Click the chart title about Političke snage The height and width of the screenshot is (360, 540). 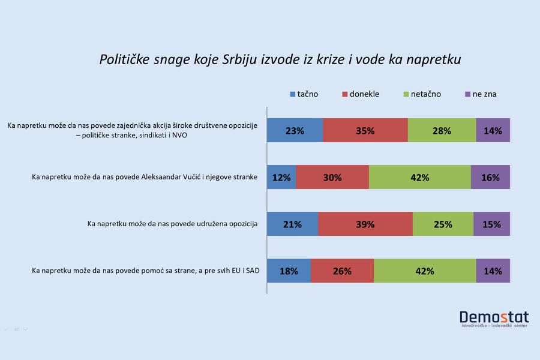[x=280, y=60]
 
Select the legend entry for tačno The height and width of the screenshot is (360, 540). [x=304, y=94]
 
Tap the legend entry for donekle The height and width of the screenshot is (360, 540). [x=360, y=94]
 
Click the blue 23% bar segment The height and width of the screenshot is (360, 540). [x=295, y=130]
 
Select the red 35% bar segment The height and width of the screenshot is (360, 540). [x=365, y=130]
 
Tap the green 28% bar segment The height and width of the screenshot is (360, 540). [x=442, y=130]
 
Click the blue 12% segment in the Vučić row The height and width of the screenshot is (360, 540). [x=281, y=177]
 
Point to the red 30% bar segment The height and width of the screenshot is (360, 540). [x=332, y=177]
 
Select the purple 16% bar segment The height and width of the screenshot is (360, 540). [x=490, y=177]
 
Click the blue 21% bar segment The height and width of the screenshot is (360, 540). [x=292, y=224]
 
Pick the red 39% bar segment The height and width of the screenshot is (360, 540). [x=365, y=224]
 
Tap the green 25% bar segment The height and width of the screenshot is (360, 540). [x=443, y=224]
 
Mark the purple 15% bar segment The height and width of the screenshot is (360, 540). [x=491, y=224]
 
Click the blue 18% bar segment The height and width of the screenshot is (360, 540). [x=289, y=271]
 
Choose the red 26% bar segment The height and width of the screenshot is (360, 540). [x=342, y=271]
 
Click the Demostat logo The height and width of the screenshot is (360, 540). [x=494, y=319]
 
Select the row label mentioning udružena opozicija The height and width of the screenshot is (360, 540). [x=172, y=224]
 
